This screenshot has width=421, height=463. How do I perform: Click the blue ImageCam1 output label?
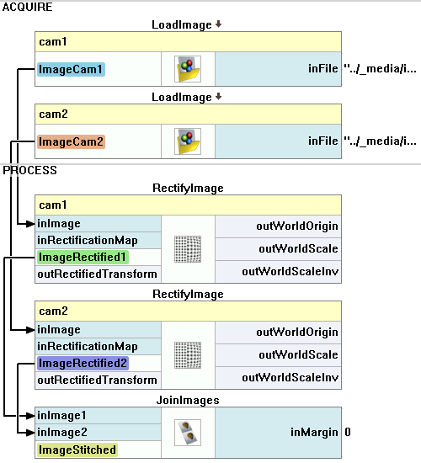coord(71,69)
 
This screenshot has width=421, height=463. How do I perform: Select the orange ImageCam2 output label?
coord(71,141)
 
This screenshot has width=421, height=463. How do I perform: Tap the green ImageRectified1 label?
coord(83,258)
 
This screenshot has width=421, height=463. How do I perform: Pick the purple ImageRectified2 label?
coord(83,363)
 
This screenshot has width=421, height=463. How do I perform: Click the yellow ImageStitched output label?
coord(77,450)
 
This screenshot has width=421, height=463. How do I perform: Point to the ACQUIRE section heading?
coord(28,7)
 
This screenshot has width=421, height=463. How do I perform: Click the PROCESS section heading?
coord(29,170)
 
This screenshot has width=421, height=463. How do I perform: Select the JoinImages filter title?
coord(188,400)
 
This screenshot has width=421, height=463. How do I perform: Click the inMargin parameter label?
coord(314,433)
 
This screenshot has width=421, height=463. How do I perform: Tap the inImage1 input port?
coord(61,416)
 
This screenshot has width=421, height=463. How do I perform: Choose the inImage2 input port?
coord(62,433)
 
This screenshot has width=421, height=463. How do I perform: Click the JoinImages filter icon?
coord(188,433)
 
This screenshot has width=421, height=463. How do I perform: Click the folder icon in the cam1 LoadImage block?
coord(188,69)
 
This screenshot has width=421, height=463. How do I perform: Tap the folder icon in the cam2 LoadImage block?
coord(188,141)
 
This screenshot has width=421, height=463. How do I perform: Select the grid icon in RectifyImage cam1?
coord(188,249)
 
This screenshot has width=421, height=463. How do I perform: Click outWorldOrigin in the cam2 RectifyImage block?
coord(297,333)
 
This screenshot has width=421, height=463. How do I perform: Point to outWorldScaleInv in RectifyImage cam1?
coord(290,272)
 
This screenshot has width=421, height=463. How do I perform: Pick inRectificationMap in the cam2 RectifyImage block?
coord(88,347)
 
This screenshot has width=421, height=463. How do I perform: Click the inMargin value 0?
coord(348,433)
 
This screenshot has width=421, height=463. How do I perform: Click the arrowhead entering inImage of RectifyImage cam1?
coord(30,224)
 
